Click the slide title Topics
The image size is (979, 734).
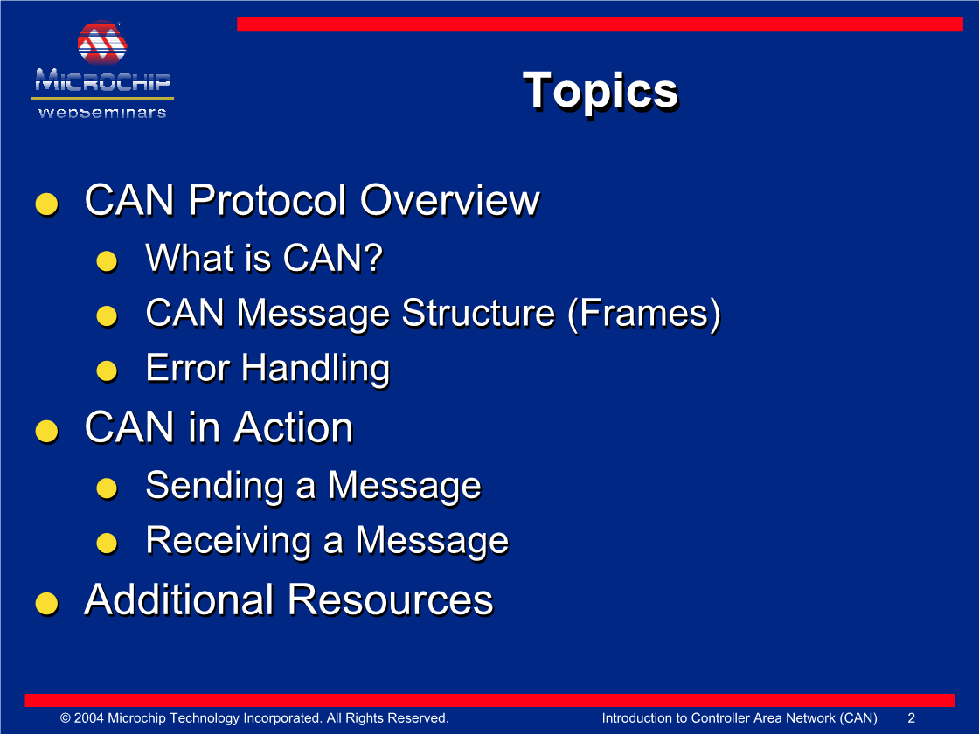(x=600, y=91)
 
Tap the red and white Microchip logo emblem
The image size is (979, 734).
(x=102, y=43)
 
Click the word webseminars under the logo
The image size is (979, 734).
(x=102, y=113)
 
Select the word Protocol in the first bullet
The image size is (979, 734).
(x=267, y=201)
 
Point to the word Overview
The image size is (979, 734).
(x=449, y=201)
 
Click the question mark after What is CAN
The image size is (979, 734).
(x=372, y=257)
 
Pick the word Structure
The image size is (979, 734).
(x=478, y=313)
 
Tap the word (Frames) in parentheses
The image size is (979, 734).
(x=644, y=314)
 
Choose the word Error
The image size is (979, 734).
(x=188, y=368)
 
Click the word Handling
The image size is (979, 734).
(x=316, y=369)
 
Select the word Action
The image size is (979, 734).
(x=294, y=428)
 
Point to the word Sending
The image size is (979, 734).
(x=215, y=486)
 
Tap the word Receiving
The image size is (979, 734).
(x=228, y=541)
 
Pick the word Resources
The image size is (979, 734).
(x=390, y=600)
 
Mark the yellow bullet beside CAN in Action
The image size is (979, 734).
(x=47, y=431)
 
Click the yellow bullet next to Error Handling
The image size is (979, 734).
(x=107, y=370)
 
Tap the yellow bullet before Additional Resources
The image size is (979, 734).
(x=47, y=604)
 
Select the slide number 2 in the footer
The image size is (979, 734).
(x=911, y=717)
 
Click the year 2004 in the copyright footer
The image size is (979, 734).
(x=88, y=717)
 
